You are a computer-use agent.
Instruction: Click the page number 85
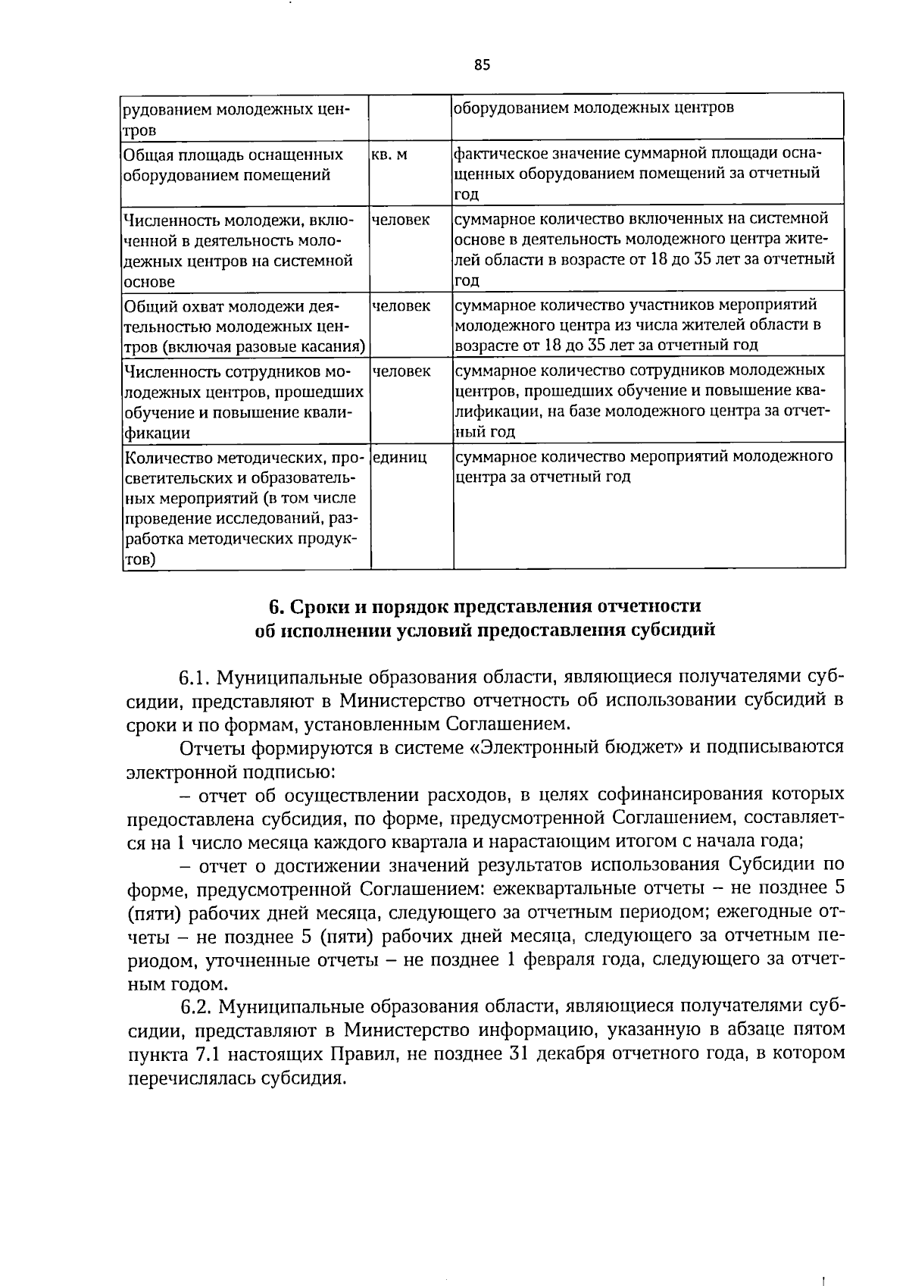[483, 65]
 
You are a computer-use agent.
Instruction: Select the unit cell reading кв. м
[390, 155]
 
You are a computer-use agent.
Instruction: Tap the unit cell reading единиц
[400, 457]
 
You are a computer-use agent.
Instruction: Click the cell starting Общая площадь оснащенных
[233, 165]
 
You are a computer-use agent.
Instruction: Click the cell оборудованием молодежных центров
[593, 108]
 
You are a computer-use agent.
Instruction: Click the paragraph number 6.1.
[195, 677]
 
